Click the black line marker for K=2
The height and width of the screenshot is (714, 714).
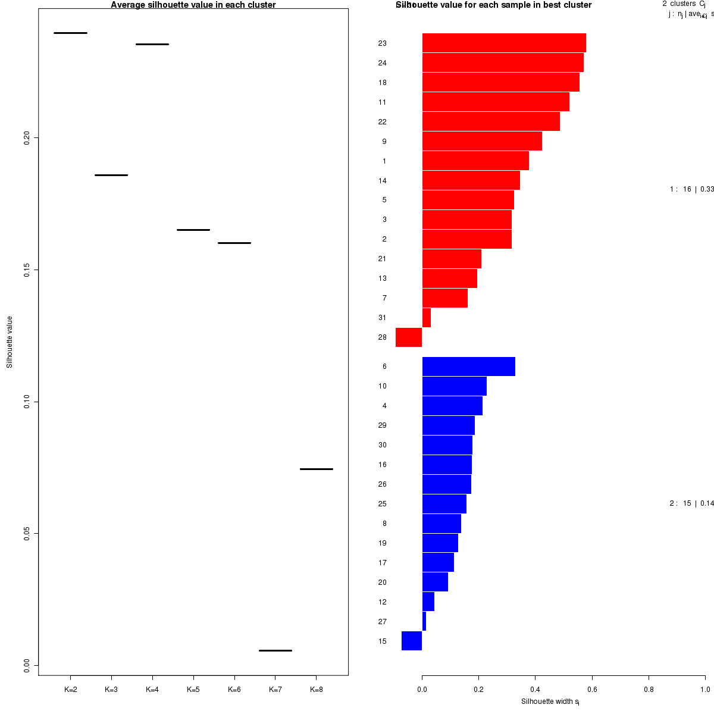(70, 33)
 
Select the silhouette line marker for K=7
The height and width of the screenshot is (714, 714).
(275, 650)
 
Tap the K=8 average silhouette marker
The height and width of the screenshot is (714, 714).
(316, 469)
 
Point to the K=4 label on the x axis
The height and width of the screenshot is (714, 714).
(152, 690)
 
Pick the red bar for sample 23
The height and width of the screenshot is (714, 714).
(504, 43)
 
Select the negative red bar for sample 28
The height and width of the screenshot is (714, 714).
(409, 337)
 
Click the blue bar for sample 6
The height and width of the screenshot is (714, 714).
(468, 367)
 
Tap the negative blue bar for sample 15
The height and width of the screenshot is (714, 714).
(412, 641)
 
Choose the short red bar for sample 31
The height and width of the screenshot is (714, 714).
(426, 318)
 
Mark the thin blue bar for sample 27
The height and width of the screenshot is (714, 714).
(424, 621)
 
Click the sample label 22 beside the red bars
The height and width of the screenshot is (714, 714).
(382, 122)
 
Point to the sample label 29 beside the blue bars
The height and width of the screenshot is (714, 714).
(382, 425)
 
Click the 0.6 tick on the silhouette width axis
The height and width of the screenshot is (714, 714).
(592, 690)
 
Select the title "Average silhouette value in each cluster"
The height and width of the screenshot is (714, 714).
(193, 5)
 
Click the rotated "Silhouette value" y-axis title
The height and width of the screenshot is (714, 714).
(10, 342)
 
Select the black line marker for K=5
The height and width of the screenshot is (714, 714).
(193, 230)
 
